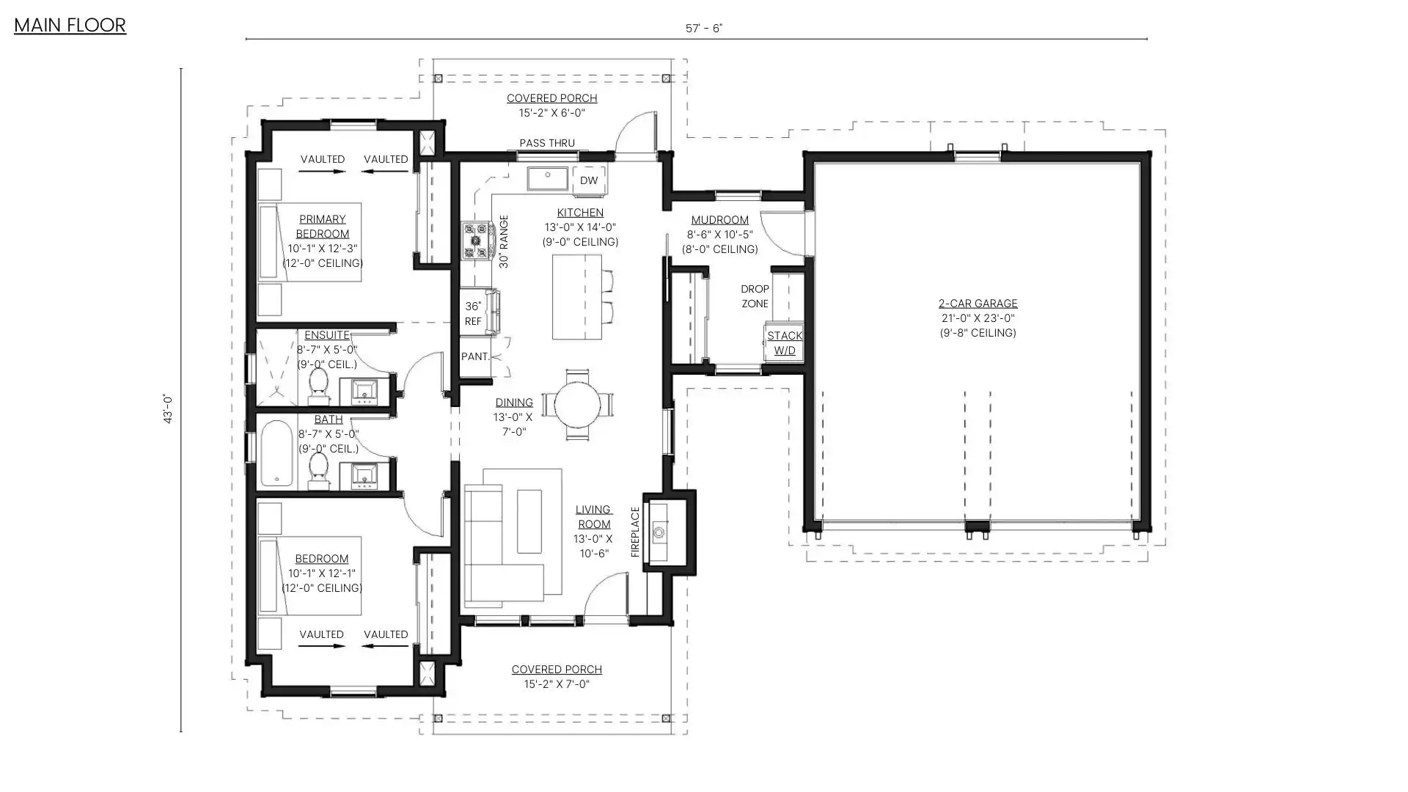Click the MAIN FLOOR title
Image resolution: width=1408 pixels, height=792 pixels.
point(70,25)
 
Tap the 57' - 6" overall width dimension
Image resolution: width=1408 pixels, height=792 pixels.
point(703,29)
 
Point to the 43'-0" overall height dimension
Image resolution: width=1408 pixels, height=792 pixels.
point(168,409)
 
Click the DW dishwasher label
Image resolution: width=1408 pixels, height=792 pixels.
point(589,180)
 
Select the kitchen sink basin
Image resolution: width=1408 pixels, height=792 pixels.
point(548,178)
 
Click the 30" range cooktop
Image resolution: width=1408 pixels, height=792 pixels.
point(476,241)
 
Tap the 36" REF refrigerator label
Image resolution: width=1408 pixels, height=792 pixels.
point(473,314)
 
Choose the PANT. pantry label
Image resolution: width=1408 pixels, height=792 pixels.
point(475,356)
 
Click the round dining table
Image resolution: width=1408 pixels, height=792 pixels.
point(577,404)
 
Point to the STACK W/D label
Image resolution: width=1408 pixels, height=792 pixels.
point(785,343)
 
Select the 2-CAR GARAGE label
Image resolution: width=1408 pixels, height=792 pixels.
point(978,304)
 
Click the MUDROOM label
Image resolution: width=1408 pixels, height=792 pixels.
point(719,220)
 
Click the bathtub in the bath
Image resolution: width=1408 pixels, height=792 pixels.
point(277,453)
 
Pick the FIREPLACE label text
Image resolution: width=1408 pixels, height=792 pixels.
point(635,532)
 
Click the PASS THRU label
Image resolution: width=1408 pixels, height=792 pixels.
point(547,143)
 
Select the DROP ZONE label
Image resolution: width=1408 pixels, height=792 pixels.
point(755,296)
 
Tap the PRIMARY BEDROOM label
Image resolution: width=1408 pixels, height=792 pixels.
point(322,227)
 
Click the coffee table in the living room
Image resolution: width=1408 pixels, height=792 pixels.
point(529,521)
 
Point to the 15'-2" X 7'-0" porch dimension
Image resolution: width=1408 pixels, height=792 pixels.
point(557,684)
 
